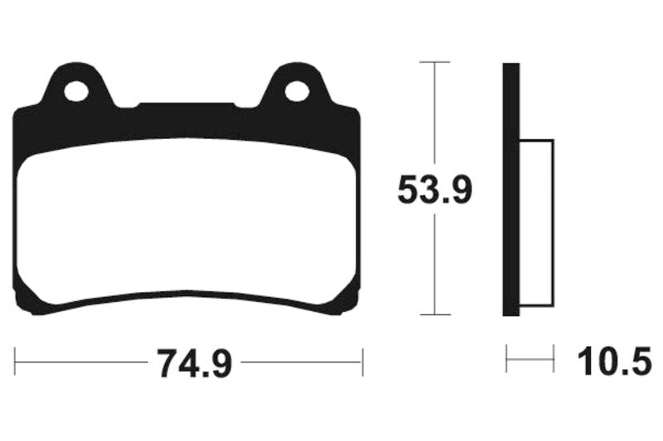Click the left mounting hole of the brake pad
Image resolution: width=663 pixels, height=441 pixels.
76,92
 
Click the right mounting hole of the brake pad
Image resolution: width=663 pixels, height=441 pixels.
297,92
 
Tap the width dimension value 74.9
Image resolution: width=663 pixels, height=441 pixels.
195,363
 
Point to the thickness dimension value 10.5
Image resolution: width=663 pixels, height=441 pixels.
614,362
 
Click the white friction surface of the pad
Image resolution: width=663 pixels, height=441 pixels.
186,222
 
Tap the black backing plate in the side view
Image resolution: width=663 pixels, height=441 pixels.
511,189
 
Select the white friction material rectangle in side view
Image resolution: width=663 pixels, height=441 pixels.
536,223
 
